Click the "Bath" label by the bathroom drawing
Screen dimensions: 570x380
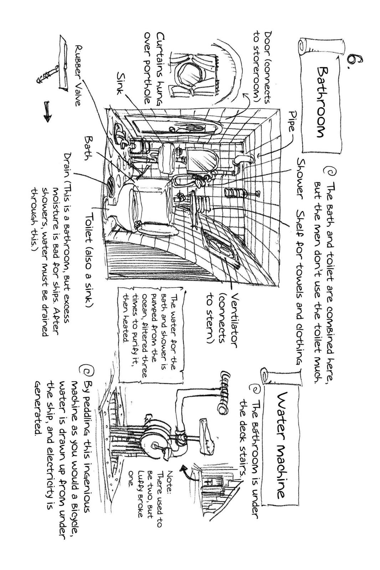[x=89, y=149]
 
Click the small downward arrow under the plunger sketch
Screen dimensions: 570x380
[x=48, y=112]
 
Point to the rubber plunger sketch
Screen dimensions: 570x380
[x=53, y=66]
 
